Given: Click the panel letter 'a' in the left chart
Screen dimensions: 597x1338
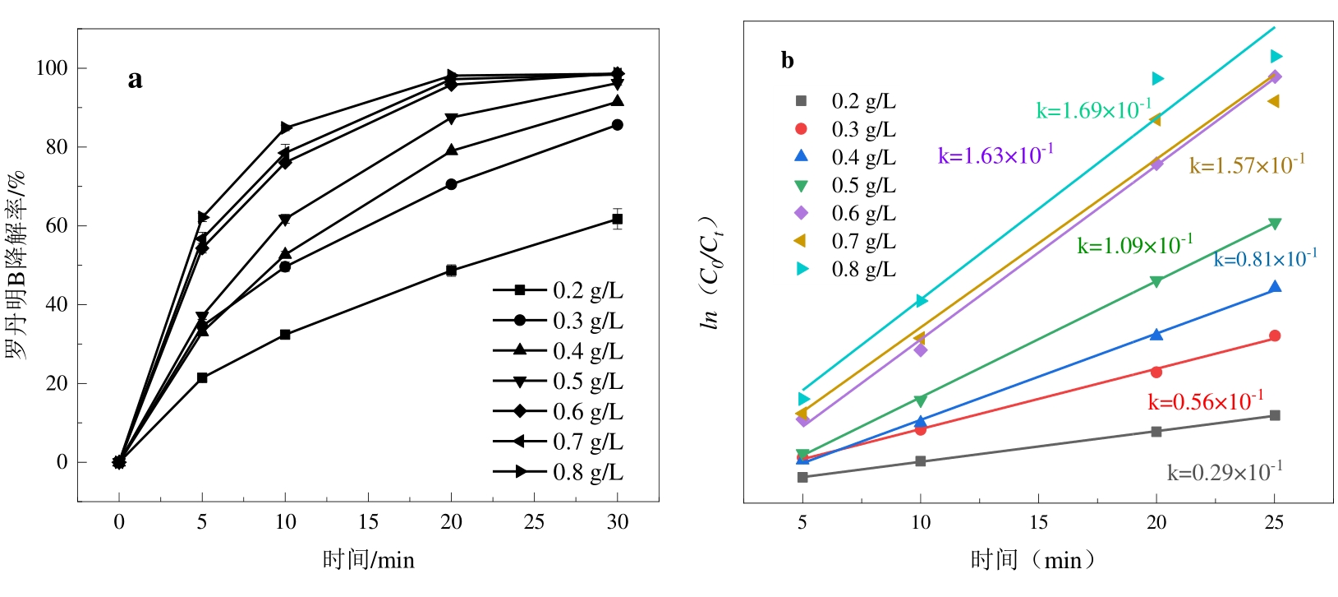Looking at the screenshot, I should point(135,80).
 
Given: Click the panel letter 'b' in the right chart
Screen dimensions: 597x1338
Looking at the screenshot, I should point(787,60).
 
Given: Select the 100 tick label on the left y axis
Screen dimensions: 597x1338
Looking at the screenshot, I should point(51,67).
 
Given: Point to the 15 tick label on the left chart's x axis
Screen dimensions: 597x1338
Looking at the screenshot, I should point(368,521).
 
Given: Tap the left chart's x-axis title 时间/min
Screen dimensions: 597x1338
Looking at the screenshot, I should point(368,560).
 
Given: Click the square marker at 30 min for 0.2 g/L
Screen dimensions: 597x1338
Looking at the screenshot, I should point(618,219).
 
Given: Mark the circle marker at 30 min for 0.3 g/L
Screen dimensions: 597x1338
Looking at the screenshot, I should point(618,125).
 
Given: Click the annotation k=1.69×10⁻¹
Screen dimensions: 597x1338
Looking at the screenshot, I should point(1093,109).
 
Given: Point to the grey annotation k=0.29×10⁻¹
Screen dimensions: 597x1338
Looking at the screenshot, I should point(1224,472).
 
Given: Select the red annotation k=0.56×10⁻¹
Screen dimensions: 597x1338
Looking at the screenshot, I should point(1205,401).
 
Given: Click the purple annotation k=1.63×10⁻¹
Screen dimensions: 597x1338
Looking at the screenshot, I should point(995,155).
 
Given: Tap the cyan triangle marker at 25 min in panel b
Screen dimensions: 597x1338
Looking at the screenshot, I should point(1276,56).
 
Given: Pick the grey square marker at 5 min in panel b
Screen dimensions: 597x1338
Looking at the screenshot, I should point(802,477).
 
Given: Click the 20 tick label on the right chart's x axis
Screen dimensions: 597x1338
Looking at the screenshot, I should point(1156,521).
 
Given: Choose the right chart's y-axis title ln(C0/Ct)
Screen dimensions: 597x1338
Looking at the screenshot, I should point(710,273).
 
